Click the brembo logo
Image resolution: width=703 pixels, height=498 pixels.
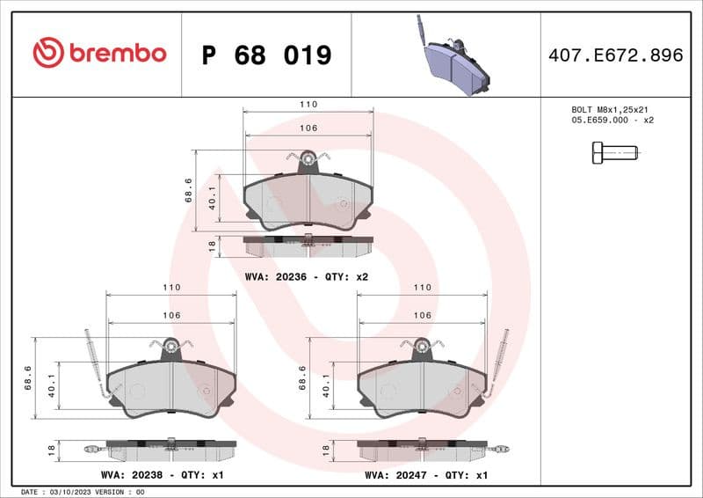(98, 54)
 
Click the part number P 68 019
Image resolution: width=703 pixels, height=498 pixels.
(266, 55)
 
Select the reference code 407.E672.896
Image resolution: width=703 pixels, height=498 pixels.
(615, 55)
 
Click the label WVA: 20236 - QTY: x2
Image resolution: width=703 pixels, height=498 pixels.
(306, 276)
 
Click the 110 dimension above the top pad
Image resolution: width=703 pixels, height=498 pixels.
(308, 104)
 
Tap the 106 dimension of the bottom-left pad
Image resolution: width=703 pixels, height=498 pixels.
(170, 315)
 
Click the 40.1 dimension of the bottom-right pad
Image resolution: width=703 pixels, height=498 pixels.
(327, 386)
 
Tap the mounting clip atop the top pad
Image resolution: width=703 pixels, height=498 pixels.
(308, 159)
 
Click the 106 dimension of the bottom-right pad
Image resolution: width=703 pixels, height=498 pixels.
(422, 315)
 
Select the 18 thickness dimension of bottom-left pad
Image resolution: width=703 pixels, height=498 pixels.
(52, 450)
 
